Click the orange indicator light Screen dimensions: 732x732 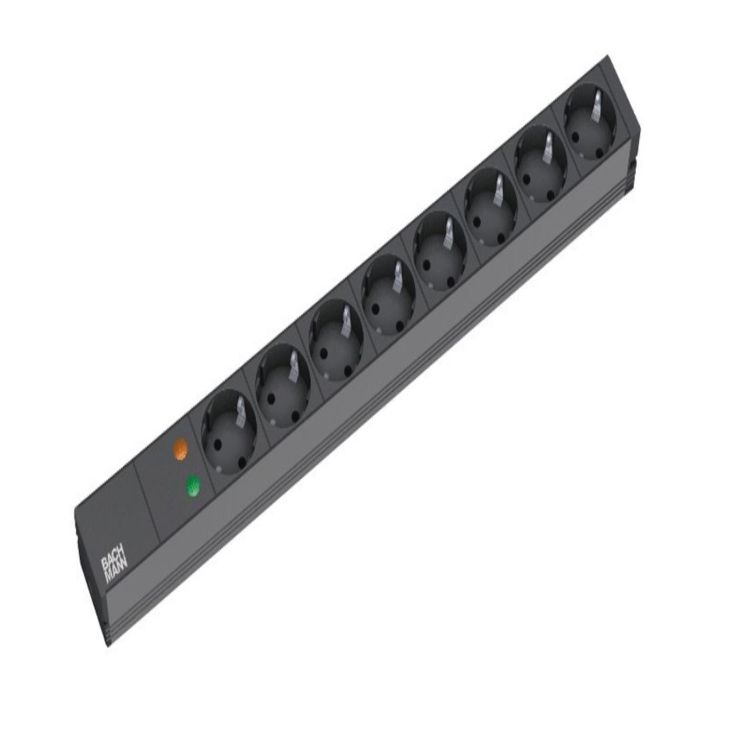click(x=180, y=448)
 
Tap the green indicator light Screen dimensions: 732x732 click(x=193, y=487)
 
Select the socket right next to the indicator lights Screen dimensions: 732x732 click(x=229, y=431)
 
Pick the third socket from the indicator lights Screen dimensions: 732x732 click(x=335, y=341)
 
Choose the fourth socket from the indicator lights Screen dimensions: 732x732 click(x=388, y=296)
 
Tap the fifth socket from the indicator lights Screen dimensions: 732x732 click(x=440, y=253)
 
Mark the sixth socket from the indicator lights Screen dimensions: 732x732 click(x=491, y=209)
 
